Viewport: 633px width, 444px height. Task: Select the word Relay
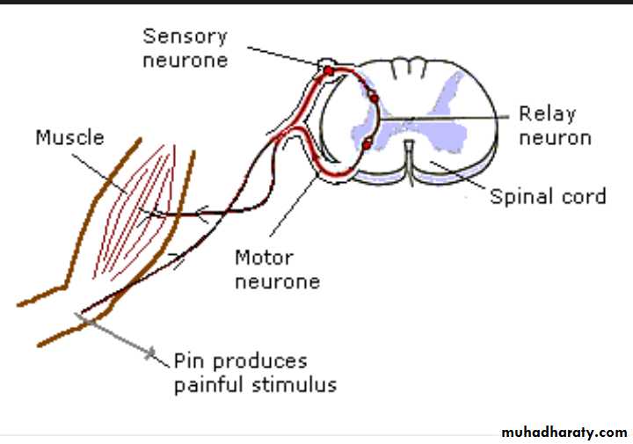click(x=547, y=113)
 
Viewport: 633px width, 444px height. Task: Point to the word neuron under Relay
click(x=554, y=137)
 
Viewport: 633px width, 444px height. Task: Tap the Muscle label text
click(x=69, y=137)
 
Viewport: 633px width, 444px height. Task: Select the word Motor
click(x=263, y=258)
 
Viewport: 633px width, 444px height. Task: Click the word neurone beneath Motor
click(x=277, y=281)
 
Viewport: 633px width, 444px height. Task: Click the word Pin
click(x=189, y=361)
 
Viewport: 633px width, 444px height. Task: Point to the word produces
click(x=259, y=362)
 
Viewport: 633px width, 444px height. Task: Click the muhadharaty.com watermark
click(x=564, y=432)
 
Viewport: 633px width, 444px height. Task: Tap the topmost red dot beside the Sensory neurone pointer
click(x=329, y=69)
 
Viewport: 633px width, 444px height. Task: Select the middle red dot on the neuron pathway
click(x=374, y=98)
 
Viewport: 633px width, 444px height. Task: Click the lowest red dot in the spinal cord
click(x=367, y=143)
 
